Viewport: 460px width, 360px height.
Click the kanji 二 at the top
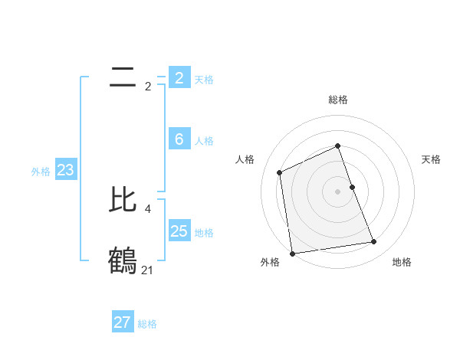click(x=123, y=77)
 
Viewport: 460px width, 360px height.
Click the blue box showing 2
click(x=179, y=78)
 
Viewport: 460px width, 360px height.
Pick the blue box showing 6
click(x=179, y=139)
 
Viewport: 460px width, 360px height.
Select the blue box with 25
click(x=179, y=231)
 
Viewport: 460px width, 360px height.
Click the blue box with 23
click(x=65, y=170)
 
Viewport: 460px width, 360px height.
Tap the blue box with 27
click(x=123, y=322)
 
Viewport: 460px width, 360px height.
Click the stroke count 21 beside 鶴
click(x=147, y=270)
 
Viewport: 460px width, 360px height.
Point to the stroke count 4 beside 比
click(x=147, y=208)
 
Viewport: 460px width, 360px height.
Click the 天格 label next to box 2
click(x=204, y=80)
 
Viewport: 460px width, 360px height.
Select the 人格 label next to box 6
click(x=204, y=141)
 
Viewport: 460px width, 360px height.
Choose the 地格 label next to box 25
click(x=204, y=233)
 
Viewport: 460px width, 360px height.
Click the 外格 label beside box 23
click(x=41, y=172)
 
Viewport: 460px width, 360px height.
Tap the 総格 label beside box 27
click(x=147, y=324)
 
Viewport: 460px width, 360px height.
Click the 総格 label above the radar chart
click(x=338, y=100)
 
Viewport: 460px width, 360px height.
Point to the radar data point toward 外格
click(x=292, y=254)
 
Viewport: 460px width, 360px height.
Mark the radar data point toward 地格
click(x=374, y=242)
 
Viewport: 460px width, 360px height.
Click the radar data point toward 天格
click(x=353, y=186)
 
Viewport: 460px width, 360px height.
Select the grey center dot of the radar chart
click(x=338, y=191)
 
